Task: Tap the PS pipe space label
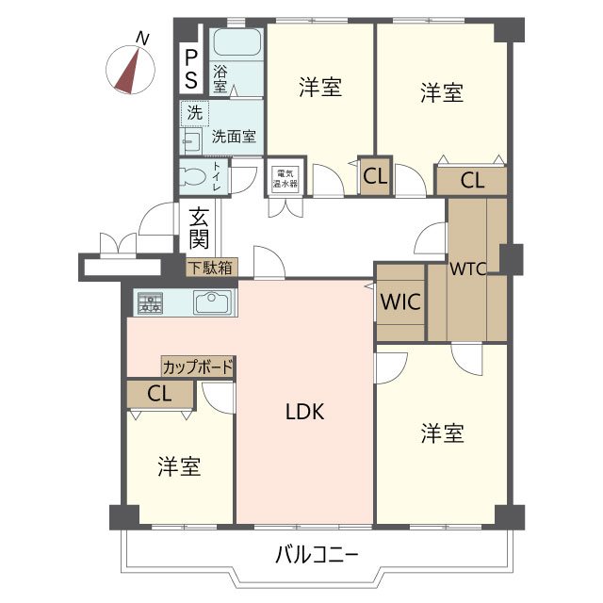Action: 190,68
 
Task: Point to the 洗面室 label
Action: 233,137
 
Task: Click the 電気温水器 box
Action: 285,178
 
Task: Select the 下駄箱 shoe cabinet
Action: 210,268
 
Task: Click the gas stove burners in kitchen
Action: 150,302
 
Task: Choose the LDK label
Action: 305,412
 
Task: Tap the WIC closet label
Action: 399,303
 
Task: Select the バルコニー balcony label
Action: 317,555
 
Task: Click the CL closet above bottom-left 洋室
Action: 160,394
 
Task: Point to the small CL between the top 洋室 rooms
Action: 374,175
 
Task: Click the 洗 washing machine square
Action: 193,113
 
